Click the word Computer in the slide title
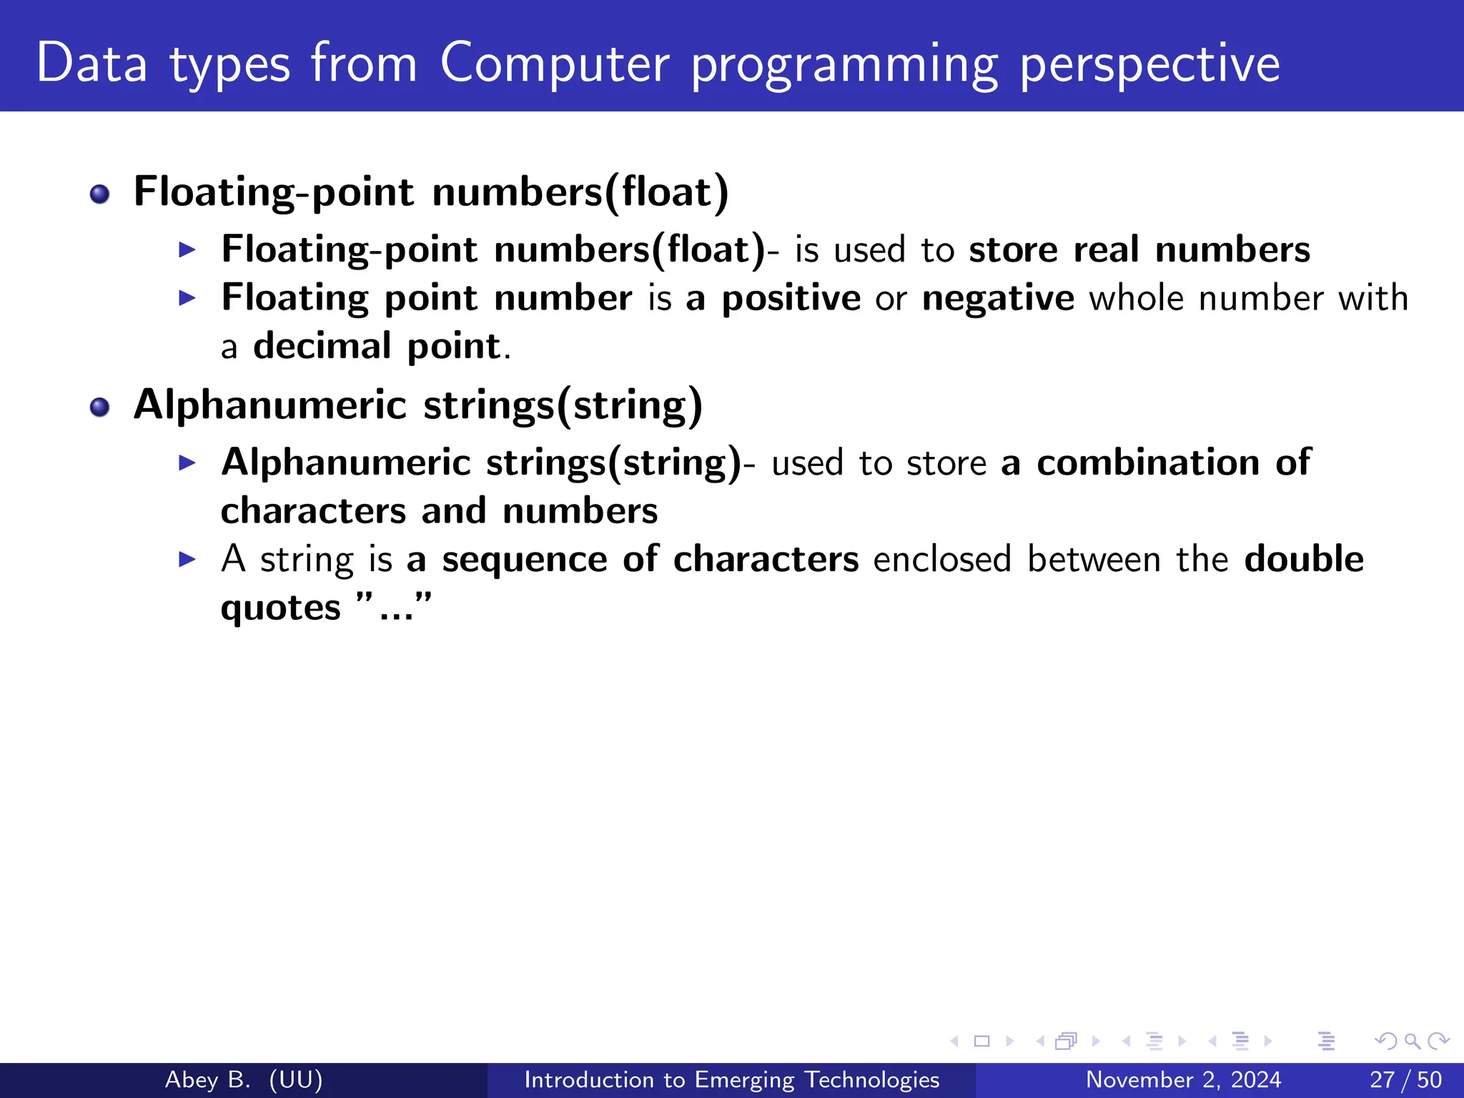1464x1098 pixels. (x=554, y=64)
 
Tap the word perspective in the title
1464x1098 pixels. (x=1149, y=64)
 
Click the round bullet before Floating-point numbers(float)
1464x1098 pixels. (x=99, y=194)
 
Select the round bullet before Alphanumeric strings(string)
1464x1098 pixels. (x=99, y=407)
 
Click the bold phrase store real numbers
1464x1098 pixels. (x=1139, y=250)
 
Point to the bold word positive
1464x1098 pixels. (x=791, y=298)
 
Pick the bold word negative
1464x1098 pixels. (x=997, y=298)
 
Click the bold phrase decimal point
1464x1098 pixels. (x=377, y=347)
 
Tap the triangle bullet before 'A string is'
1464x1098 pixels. (x=187, y=559)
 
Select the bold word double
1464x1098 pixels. (x=1303, y=559)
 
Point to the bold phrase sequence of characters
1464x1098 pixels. (x=650, y=559)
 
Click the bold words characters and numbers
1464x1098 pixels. (x=439, y=511)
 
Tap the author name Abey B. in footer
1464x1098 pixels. (x=207, y=1079)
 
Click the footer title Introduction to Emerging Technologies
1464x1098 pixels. (x=731, y=1079)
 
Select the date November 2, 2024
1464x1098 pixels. (x=1183, y=1079)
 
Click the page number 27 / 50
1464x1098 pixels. (x=1405, y=1079)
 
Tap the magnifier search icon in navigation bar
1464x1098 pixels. (x=1412, y=1041)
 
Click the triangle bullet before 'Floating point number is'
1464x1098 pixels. (x=187, y=298)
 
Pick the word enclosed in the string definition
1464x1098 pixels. (x=942, y=559)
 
